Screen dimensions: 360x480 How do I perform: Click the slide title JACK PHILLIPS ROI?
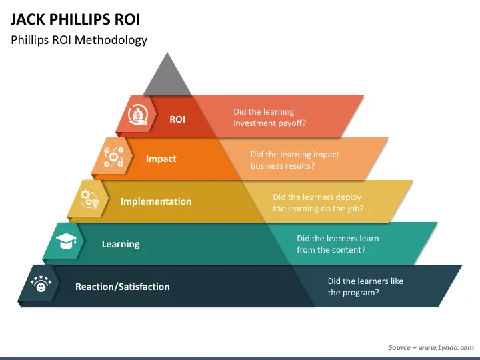[75, 18]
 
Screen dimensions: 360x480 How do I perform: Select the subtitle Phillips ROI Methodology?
[79, 40]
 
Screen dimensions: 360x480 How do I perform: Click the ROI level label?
[177, 119]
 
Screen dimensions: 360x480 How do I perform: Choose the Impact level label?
[161, 159]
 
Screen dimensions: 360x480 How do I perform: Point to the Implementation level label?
[156, 201]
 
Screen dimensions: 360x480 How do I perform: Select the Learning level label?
[121, 244]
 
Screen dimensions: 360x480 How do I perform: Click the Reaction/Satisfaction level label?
[123, 287]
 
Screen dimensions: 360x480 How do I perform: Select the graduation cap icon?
[65, 241]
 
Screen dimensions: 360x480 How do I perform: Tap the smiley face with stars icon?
[41, 285]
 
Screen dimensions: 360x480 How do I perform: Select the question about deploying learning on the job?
[318, 203]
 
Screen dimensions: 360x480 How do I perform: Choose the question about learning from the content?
[338, 244]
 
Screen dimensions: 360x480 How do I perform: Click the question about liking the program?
[365, 287]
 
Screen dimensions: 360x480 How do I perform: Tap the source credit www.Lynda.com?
[431, 347]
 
